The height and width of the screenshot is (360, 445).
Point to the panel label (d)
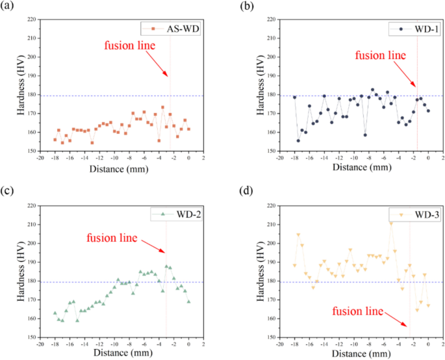point(246,192)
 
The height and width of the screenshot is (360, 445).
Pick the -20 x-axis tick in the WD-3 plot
point(279,344)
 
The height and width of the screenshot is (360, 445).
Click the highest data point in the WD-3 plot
point(390,223)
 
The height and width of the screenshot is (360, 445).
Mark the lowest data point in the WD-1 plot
point(298,140)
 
